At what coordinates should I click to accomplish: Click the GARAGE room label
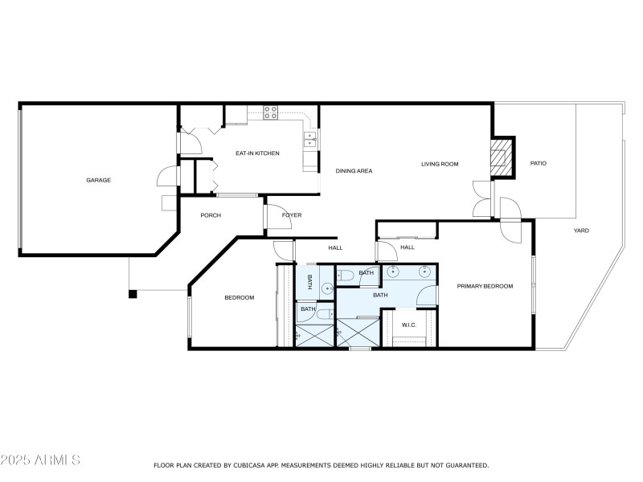click(x=99, y=180)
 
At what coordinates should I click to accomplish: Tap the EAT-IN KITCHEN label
click(x=257, y=153)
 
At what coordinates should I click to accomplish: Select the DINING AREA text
click(x=354, y=170)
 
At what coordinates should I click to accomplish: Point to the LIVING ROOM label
click(x=440, y=164)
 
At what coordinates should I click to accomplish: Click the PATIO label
click(x=539, y=163)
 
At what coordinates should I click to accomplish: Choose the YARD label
click(x=581, y=231)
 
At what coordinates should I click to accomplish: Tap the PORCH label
click(x=211, y=215)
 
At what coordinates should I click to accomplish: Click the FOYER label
click(x=291, y=215)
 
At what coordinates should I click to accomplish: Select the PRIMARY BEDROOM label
click(x=485, y=286)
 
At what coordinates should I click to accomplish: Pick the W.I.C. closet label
click(x=408, y=325)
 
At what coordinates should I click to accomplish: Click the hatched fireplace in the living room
click(x=502, y=158)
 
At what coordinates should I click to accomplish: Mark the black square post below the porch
click(x=133, y=294)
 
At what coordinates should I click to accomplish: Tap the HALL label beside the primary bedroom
click(x=408, y=247)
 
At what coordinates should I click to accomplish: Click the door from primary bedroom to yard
click(x=510, y=229)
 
